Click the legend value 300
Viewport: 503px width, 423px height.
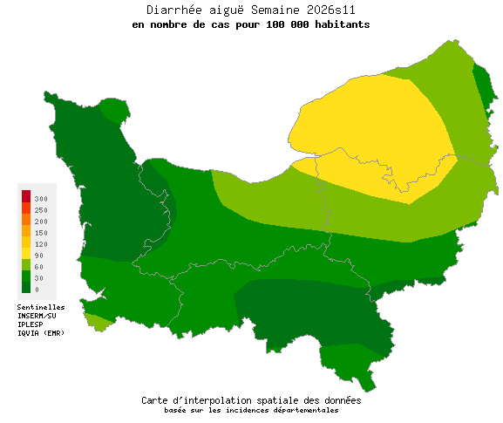pos(41,200)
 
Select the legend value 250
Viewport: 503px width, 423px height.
pos(41,210)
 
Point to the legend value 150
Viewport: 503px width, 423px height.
pos(41,233)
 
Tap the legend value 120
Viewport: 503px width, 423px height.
pos(41,244)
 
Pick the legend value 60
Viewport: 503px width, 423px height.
pos(39,266)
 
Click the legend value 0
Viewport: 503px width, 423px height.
pos(37,289)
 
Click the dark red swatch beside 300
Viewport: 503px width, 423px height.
pos(26,195)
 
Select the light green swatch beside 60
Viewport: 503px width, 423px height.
pos(26,264)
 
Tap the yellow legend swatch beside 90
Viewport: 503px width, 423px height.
pos(26,253)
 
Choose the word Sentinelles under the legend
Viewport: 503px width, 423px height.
pos(41,307)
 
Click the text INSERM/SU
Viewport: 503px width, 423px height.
pos(37,316)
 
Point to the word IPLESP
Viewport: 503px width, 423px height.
pos(31,324)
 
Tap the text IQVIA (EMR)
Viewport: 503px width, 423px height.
pos(40,332)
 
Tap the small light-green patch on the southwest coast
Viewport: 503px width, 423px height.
pos(99,322)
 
